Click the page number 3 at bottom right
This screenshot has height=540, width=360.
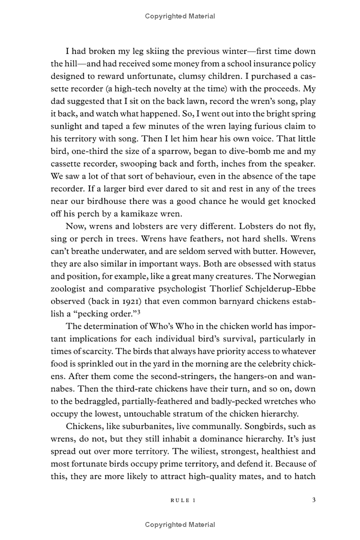pyautogui.click(x=314, y=499)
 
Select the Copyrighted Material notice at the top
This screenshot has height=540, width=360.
pyautogui.click(x=180, y=16)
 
